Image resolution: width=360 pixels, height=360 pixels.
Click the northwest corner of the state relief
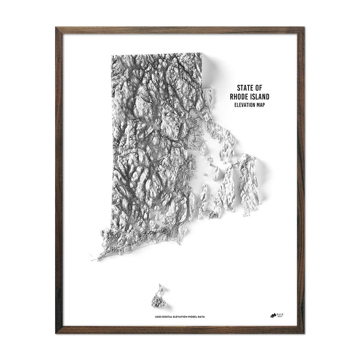click(x=112, y=56)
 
